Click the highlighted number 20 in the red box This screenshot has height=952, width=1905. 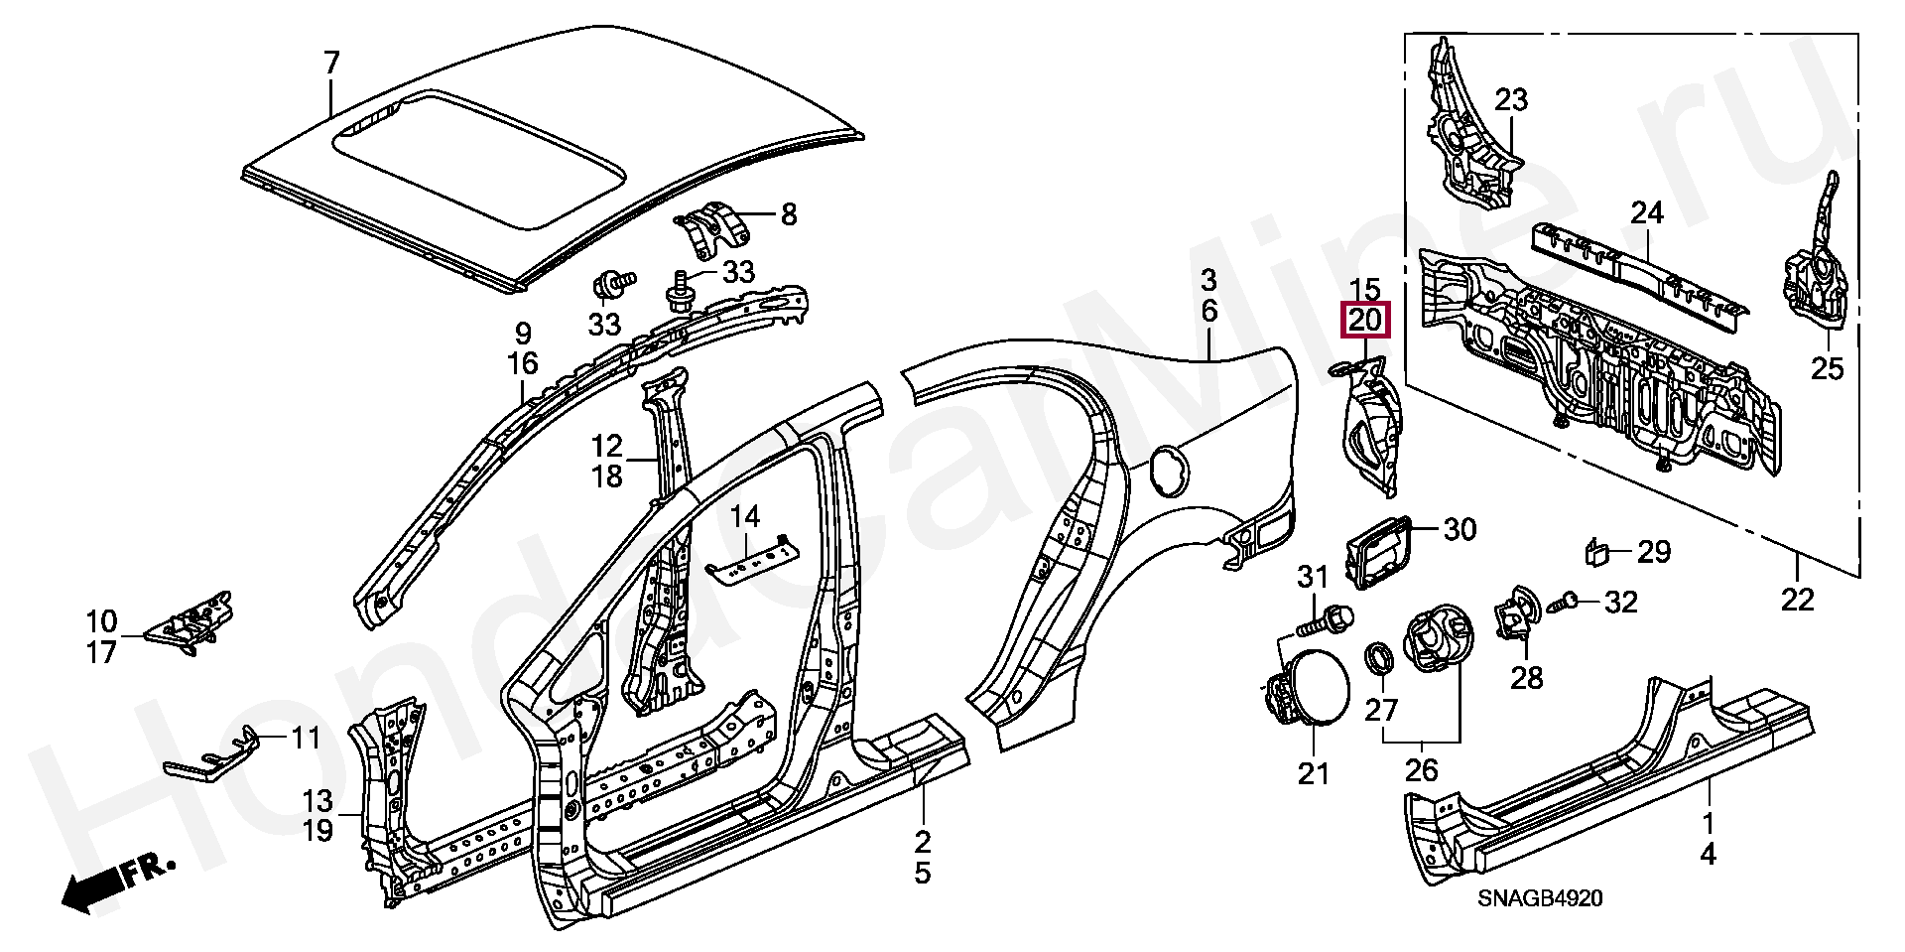1365,321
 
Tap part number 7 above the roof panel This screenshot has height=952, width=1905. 331,64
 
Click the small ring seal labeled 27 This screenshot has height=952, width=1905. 1378,657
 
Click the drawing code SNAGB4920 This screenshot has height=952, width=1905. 1540,898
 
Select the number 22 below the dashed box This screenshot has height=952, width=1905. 1797,600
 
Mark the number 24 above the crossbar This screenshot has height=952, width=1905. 1647,212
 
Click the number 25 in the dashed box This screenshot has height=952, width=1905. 1827,368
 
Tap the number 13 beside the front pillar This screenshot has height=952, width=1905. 317,800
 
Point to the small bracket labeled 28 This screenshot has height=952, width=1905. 1515,614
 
